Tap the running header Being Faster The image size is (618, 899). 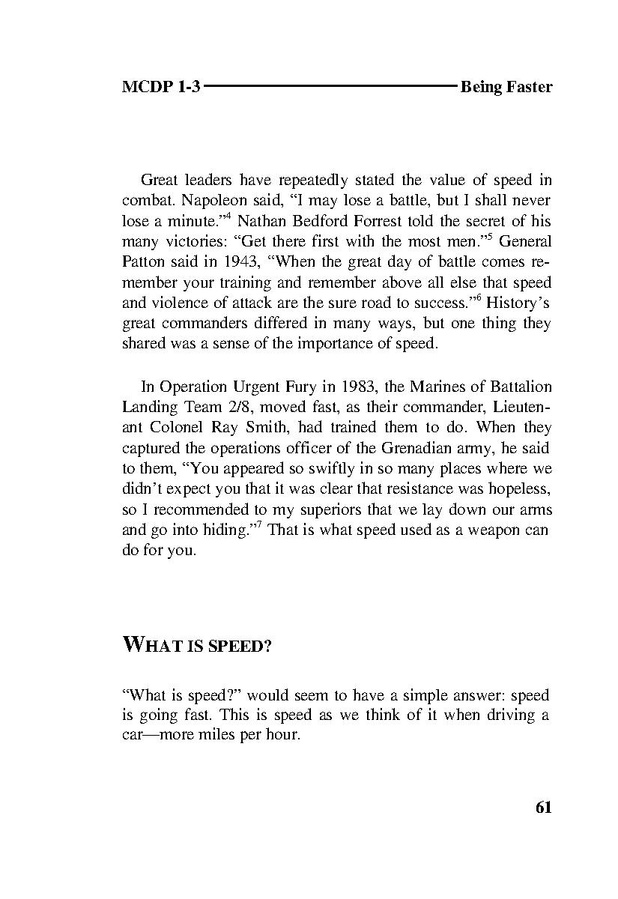pos(506,87)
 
